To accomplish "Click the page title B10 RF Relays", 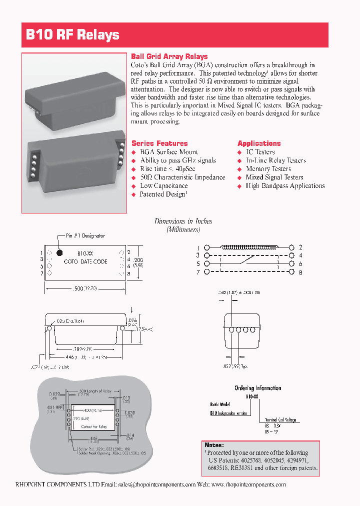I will pyautogui.click(x=72, y=35).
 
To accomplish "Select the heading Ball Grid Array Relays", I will pyautogui.click(x=169, y=56).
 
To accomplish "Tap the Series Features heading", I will pyautogui.click(x=159, y=143).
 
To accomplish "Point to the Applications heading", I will pyautogui.click(x=259, y=143).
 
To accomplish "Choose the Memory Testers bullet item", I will pyautogui.click(x=268, y=169).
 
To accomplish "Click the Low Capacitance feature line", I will pyautogui.click(x=163, y=186).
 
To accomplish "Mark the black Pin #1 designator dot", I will pyautogui.click(x=59, y=253).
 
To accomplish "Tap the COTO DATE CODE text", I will pyautogui.click(x=85, y=261).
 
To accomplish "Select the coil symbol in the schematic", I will pyautogui.click(x=248, y=246).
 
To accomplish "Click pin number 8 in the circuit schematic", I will pyautogui.click(x=300, y=272).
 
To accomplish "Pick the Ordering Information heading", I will pyautogui.click(x=257, y=388).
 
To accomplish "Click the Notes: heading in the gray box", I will pyautogui.click(x=214, y=445).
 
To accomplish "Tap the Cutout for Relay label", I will pyautogui.click(x=94, y=426).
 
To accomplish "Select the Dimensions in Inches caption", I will pyautogui.click(x=183, y=221).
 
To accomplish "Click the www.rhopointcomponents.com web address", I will pyautogui.click(x=248, y=484).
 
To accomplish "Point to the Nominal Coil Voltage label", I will pyautogui.click(x=281, y=420).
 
